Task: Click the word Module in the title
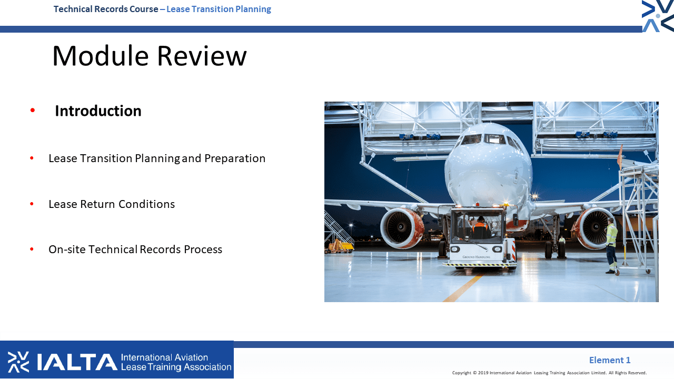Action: (101, 56)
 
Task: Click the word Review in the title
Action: (202, 56)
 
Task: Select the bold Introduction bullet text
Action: (98, 111)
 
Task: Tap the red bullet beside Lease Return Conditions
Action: (32, 204)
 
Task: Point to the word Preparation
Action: (235, 158)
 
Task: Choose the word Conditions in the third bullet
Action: (146, 204)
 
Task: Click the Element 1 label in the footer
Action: (610, 360)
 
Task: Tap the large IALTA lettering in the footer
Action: (77, 362)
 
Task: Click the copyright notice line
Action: (549, 373)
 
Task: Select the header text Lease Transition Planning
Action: (219, 9)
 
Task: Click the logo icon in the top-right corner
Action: (658, 16)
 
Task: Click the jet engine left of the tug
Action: (402, 227)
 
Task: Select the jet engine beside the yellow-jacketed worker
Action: (592, 228)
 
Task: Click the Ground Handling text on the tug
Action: (477, 257)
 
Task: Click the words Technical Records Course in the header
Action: (106, 9)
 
